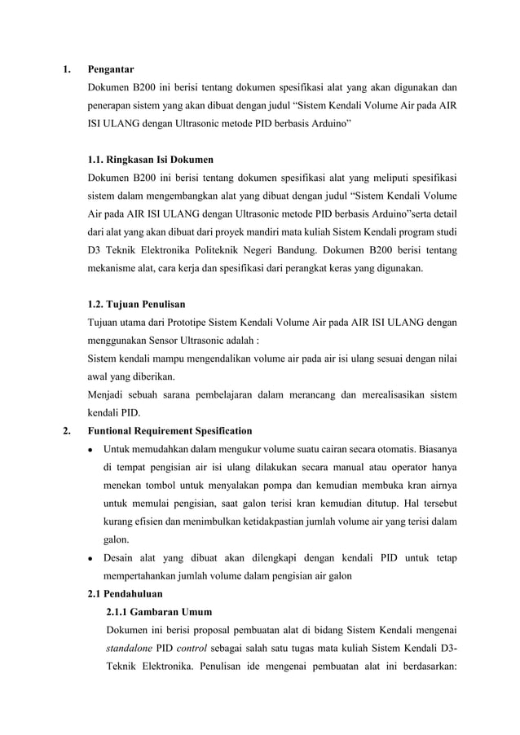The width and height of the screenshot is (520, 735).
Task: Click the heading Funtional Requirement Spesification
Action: [x=170, y=431]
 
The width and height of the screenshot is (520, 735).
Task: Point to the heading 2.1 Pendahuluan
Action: [x=125, y=593]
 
